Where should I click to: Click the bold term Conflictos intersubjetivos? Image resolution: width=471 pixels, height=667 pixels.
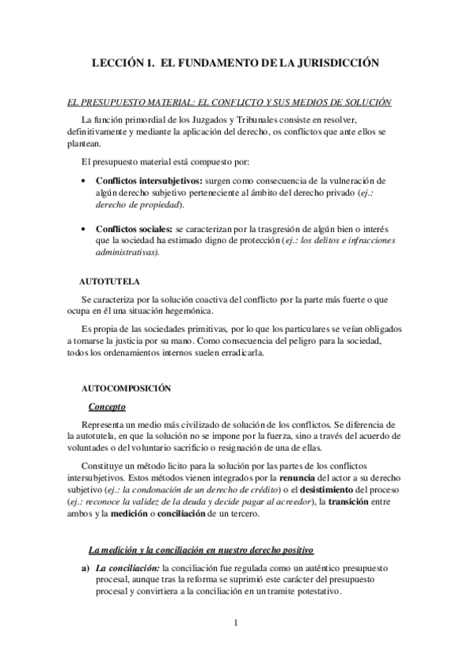pyautogui.click(x=148, y=179)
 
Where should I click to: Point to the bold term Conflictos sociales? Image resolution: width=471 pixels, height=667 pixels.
pyautogui.click(x=133, y=228)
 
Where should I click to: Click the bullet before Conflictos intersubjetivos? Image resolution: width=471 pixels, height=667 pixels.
pyautogui.click(x=84, y=180)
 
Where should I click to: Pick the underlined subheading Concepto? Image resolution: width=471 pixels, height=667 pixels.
pyautogui.click(x=107, y=407)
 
